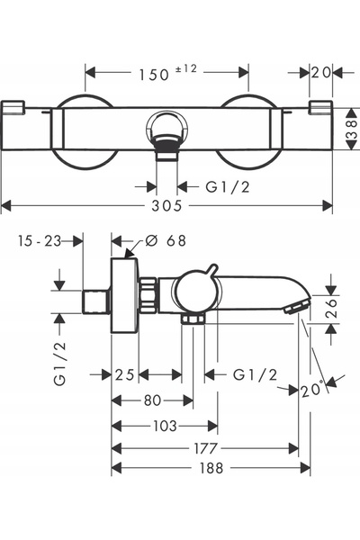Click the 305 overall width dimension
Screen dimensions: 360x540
(x=166, y=206)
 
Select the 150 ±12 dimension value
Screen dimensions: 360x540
(x=167, y=73)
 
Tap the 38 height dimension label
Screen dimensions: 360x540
(x=351, y=129)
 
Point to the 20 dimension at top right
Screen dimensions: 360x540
(x=320, y=73)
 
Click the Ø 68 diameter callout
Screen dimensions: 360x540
(x=166, y=240)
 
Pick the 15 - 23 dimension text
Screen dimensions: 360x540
(x=40, y=241)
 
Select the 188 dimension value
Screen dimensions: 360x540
(x=211, y=468)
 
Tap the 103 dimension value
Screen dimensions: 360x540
(x=165, y=427)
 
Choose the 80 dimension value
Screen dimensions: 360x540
(x=153, y=400)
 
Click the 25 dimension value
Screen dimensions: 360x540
(x=125, y=374)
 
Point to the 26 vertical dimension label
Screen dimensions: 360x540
(x=330, y=308)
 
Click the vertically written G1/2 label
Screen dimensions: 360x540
(x=60, y=364)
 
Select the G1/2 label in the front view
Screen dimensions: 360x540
(x=228, y=187)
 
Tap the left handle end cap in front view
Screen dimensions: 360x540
(x=13, y=107)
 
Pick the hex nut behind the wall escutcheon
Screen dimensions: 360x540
(x=148, y=295)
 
